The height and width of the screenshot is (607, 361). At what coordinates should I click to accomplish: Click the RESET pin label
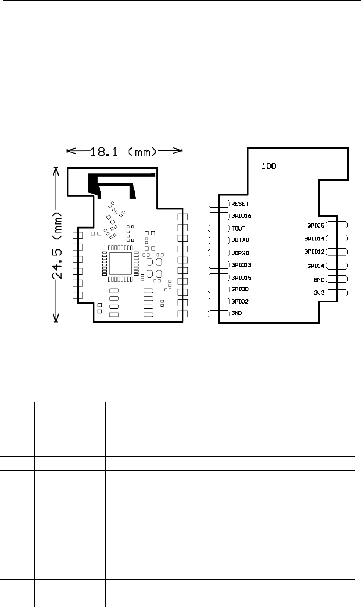click(240, 204)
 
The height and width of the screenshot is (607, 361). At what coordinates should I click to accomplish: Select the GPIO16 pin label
click(242, 216)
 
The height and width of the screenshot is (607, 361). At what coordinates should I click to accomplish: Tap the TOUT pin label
click(238, 228)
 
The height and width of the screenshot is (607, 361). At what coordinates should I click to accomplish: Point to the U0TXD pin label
click(240, 240)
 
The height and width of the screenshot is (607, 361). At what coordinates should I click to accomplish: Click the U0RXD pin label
click(240, 252)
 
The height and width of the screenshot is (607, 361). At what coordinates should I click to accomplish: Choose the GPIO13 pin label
click(242, 264)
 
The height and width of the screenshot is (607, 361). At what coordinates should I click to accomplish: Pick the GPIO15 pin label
click(242, 277)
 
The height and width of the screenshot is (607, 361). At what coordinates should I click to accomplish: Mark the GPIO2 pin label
click(240, 301)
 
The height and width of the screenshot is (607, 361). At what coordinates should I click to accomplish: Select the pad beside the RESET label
click(219, 204)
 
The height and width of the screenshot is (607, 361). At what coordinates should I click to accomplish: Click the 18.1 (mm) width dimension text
click(124, 151)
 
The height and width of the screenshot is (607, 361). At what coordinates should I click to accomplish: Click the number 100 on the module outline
click(268, 166)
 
